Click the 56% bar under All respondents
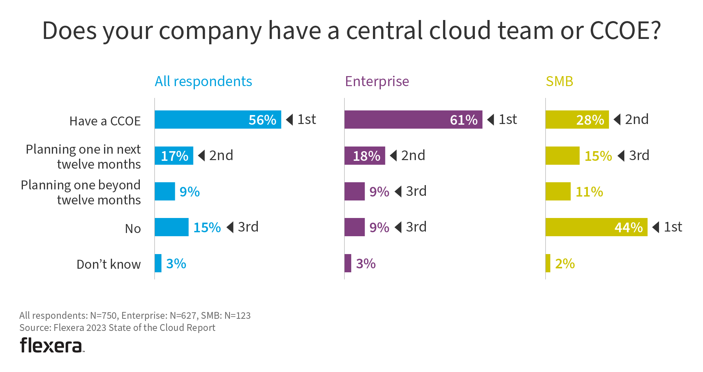[x=218, y=120]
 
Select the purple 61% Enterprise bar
[x=413, y=120]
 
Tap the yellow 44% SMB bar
[x=596, y=227]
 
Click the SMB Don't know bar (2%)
[x=548, y=263]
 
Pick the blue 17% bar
[x=174, y=156]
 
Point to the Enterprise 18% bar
[x=365, y=156]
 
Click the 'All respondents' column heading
[x=203, y=81]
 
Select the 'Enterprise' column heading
[x=377, y=81]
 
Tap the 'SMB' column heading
[x=559, y=81]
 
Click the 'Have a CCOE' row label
[x=105, y=121]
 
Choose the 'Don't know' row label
[x=108, y=264]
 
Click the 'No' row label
[x=133, y=229]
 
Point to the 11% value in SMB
[x=589, y=192]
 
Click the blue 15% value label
[x=207, y=228]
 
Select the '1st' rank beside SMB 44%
[x=673, y=227]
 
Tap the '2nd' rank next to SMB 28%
[x=636, y=119]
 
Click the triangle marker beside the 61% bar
[x=491, y=119]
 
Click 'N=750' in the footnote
[x=103, y=316]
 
